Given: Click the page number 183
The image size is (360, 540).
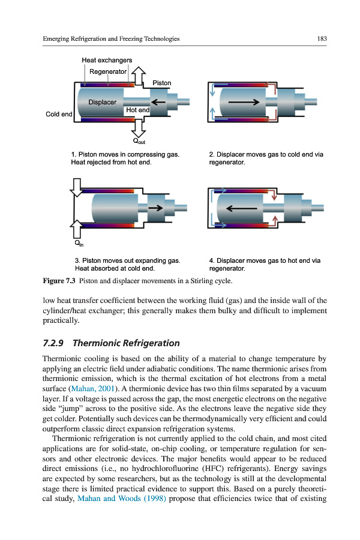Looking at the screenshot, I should (322, 38).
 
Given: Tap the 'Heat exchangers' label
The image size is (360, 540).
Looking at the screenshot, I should (107, 60).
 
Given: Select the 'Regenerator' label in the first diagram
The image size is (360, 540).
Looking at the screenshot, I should (108, 72).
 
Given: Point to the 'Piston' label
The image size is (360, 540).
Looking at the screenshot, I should (161, 83).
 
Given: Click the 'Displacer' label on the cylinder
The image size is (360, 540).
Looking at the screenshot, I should (103, 102).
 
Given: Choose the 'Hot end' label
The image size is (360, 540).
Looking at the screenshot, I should (137, 110).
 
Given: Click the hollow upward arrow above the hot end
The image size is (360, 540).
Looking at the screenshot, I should (139, 76).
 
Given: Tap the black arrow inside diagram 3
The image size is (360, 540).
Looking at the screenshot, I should (155, 208).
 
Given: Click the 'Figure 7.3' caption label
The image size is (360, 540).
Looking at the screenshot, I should (59, 281).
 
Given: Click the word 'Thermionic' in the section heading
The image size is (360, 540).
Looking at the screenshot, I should (94, 343).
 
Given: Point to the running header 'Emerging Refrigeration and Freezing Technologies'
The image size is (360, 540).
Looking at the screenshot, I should (112, 38).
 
